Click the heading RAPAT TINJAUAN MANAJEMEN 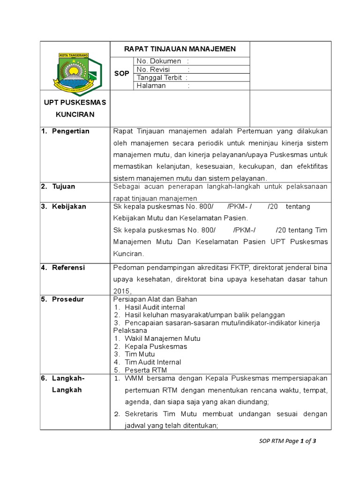[180, 49]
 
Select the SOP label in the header [122, 74]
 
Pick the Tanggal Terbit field [162, 78]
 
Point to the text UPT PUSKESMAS [75, 102]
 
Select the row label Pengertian [70, 131]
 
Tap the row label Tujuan [64, 186]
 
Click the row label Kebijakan [69, 206]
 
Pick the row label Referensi [68, 268]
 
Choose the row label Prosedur [67, 299]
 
